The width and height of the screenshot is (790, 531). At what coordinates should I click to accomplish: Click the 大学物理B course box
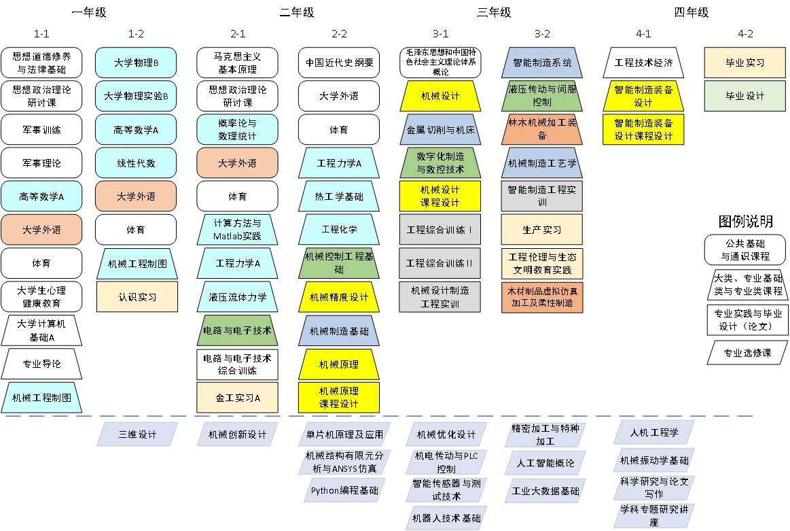(x=136, y=63)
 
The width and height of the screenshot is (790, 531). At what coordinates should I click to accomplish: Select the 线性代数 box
(x=136, y=163)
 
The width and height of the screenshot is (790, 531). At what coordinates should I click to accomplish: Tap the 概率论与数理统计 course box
(x=237, y=129)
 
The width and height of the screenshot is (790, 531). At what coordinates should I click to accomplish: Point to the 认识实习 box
(x=137, y=297)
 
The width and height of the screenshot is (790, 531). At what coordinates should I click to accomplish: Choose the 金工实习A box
(x=237, y=398)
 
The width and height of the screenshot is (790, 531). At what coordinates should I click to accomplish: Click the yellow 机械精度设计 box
(x=339, y=297)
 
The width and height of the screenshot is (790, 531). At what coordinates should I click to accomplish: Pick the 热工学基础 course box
(x=339, y=196)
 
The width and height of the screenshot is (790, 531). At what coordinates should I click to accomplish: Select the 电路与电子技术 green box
(x=237, y=330)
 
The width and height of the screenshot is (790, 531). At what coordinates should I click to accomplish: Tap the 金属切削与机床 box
(x=440, y=129)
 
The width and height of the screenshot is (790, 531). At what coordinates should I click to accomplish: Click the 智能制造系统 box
(x=542, y=63)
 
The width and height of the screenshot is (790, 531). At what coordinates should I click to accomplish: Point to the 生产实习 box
(x=542, y=230)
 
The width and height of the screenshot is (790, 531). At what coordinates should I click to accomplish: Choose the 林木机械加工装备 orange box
(x=542, y=129)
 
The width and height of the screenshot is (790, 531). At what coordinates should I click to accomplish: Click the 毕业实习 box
(x=745, y=63)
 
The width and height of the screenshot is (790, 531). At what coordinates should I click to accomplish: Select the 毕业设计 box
(x=745, y=96)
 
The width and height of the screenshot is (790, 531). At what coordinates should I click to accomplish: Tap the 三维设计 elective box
(x=137, y=434)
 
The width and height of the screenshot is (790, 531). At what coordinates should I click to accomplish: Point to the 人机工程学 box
(x=653, y=432)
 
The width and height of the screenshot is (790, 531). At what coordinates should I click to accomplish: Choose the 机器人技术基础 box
(x=446, y=518)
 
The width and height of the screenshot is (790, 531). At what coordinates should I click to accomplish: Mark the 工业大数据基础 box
(x=545, y=491)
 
